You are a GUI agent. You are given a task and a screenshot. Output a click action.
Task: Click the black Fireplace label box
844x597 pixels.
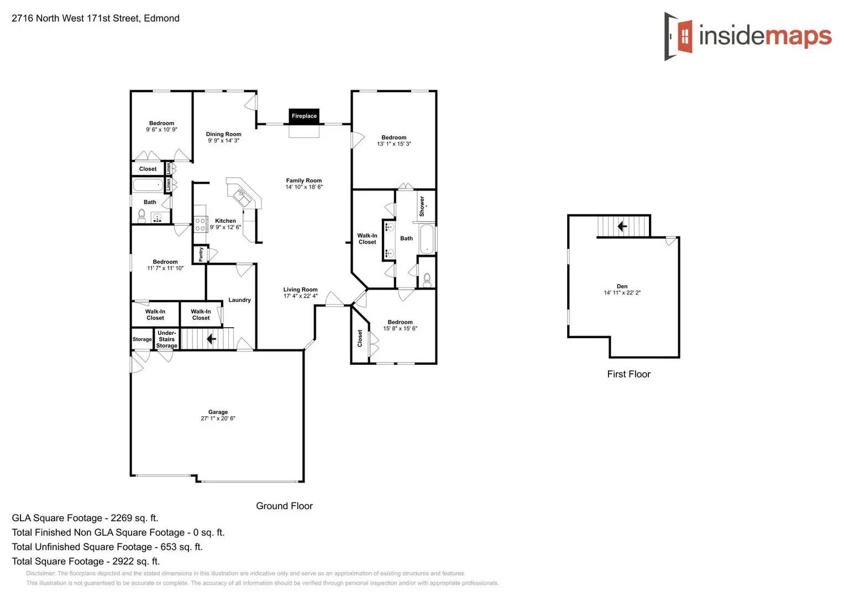[304, 116]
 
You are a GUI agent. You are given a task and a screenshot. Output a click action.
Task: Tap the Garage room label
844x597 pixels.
[218, 412]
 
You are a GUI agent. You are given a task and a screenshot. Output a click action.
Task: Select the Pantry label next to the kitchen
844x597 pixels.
[201, 254]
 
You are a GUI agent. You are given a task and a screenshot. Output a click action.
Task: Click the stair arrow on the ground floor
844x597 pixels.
[211, 338]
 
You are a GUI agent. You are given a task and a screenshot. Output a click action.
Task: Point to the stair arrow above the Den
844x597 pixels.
[622, 226]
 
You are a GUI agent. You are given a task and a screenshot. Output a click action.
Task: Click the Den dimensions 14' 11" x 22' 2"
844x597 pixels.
[622, 293]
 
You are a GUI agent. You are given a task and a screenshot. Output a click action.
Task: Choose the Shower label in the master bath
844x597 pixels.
[422, 206]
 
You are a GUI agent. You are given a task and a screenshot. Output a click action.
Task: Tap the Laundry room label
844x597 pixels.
[239, 300]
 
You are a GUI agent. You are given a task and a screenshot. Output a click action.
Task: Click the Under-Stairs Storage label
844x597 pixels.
[166, 339]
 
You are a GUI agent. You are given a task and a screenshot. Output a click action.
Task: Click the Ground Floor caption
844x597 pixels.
[284, 506]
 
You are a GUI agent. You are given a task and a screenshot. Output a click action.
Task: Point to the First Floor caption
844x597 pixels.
[628, 374]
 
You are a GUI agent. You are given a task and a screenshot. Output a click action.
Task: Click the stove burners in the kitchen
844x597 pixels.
[200, 224]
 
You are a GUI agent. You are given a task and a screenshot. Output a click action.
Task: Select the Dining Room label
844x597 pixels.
[223, 134]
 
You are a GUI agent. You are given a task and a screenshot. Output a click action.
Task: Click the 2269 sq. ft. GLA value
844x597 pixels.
[134, 518]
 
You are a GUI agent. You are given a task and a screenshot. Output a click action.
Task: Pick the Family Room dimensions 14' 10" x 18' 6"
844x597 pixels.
[304, 187]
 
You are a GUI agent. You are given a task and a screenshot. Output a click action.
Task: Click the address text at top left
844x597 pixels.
[96, 18]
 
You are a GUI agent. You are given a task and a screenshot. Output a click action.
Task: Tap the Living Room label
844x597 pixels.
[300, 289]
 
